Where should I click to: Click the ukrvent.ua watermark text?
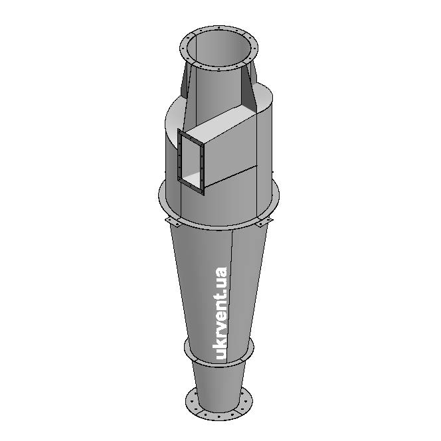click(221, 313)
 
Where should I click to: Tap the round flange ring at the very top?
click(219, 68)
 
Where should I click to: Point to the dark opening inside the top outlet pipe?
click(219, 47)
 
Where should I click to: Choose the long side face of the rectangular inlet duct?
click(230, 157)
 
